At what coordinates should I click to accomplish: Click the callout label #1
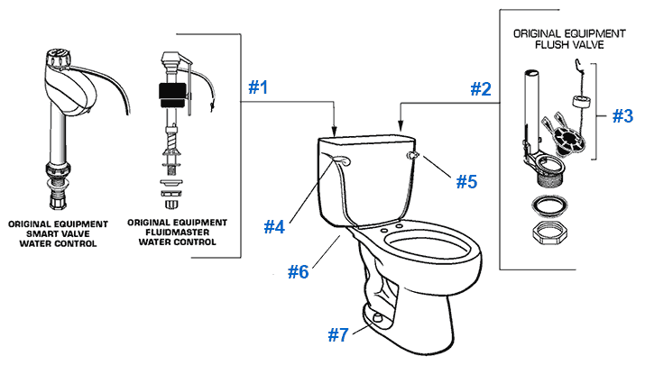click(x=259, y=88)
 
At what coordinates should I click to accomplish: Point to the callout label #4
click(x=274, y=227)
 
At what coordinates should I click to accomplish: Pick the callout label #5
click(x=465, y=181)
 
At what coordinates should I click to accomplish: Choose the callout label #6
click(x=299, y=270)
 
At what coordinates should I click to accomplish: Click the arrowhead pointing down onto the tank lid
click(x=335, y=131)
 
